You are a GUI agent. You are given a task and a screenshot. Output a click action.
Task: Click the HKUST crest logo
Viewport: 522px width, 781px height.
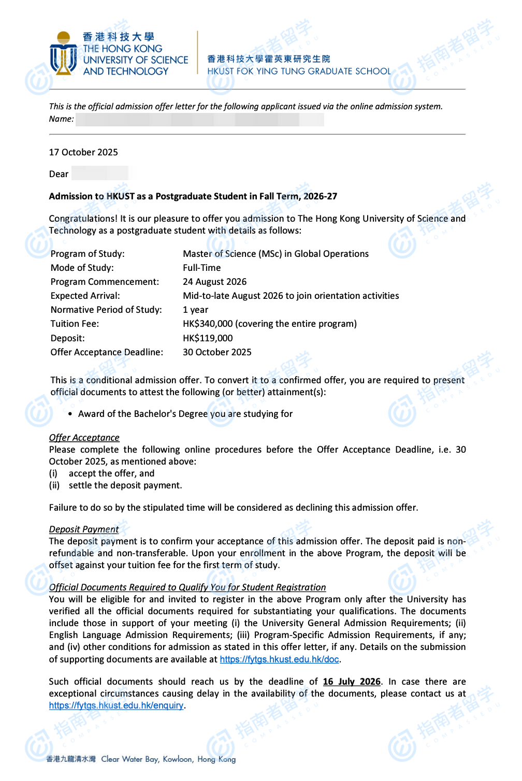[x=64, y=54]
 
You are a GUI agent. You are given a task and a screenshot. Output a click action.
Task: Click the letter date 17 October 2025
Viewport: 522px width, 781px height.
[x=83, y=152]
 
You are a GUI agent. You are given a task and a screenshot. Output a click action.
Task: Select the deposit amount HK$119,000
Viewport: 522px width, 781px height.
[x=208, y=338]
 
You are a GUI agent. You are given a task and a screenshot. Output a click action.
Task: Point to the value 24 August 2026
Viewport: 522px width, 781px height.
[x=214, y=282]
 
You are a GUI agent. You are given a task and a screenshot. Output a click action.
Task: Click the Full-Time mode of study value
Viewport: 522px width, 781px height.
[x=201, y=268]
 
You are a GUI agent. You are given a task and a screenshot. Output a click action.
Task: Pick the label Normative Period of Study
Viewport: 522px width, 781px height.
[x=106, y=310]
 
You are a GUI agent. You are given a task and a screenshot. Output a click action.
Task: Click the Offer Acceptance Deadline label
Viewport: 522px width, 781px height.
[x=107, y=352]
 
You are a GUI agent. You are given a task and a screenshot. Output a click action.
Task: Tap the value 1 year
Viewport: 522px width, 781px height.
[x=195, y=310]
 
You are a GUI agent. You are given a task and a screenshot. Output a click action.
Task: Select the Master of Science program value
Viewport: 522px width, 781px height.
[x=275, y=254]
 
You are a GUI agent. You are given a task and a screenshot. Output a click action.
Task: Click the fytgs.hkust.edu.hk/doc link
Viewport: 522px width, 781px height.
[x=279, y=659]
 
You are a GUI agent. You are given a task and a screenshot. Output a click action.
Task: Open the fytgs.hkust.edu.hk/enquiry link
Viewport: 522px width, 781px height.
[x=116, y=705]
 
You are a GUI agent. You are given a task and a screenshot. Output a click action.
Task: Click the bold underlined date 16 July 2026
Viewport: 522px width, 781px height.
[x=352, y=682]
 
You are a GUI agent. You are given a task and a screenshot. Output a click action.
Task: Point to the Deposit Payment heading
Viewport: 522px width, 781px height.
[x=84, y=529]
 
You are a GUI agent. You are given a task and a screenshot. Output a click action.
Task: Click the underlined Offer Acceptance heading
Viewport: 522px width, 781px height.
[x=84, y=438]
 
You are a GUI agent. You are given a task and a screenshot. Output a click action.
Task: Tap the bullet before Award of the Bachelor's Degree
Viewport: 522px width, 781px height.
[x=70, y=414]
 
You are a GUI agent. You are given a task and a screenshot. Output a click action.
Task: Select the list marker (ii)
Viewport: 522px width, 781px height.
[x=54, y=485]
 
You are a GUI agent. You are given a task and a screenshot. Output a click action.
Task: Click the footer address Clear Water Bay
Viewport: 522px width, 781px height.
[x=129, y=759]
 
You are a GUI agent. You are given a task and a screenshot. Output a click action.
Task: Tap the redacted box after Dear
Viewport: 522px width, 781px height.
[x=100, y=173]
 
